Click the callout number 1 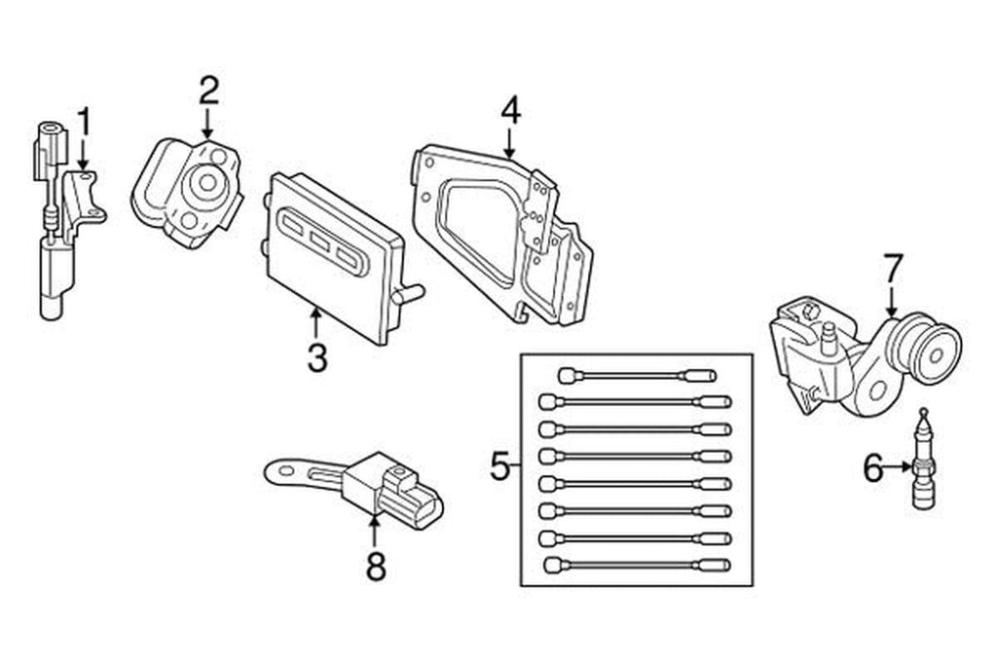pyautogui.click(x=84, y=123)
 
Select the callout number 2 pyautogui.click(x=208, y=91)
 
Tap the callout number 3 pyautogui.click(x=316, y=357)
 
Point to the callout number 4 pyautogui.click(x=510, y=111)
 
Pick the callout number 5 pyautogui.click(x=499, y=467)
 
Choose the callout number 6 pyautogui.click(x=873, y=469)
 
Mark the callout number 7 pyautogui.click(x=893, y=268)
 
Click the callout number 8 pyautogui.click(x=375, y=565)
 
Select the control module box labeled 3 pyautogui.click(x=331, y=255)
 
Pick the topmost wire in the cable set pyautogui.click(x=638, y=375)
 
